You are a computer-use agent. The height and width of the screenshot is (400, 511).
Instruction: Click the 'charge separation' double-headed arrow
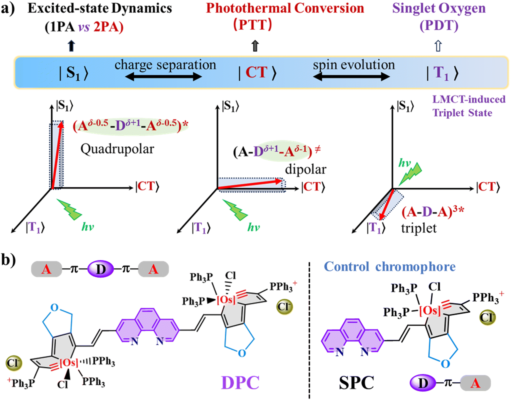coord(163,77)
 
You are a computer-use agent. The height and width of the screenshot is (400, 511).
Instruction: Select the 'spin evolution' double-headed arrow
coord(351,77)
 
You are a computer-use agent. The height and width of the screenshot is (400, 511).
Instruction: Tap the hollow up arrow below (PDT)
coord(438,46)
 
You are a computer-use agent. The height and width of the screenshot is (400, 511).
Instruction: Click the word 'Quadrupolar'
coord(117,149)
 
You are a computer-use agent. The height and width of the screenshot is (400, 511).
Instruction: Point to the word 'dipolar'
coord(306,169)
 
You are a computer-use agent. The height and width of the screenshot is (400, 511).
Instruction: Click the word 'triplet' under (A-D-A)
coord(419,228)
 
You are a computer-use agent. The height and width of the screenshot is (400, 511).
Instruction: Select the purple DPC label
coord(240,382)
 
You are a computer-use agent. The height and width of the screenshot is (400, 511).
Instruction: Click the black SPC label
coord(356,383)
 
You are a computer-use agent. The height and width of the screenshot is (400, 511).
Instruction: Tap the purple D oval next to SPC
coord(423,383)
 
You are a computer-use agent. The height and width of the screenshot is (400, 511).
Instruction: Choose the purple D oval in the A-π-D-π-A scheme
coord(100,269)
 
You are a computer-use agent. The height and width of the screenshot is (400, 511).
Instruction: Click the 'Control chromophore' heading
coord(389,267)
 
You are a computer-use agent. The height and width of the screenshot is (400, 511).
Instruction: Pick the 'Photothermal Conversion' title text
coord(285,8)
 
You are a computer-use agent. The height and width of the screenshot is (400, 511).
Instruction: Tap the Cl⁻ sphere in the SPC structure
coord(488,317)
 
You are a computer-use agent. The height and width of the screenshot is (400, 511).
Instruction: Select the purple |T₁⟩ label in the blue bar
coord(442,73)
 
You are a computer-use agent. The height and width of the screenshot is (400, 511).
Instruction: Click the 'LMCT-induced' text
coord(469,99)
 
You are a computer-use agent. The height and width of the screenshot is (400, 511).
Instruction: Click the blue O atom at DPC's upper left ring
coord(55,307)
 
